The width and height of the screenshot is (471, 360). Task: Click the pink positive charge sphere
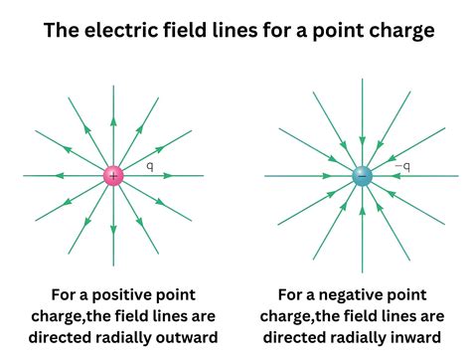(x=113, y=176)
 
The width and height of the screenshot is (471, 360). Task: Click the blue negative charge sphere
(x=362, y=177)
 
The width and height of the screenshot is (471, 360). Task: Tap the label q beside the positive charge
(x=150, y=166)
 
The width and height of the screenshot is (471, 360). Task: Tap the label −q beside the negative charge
(x=402, y=166)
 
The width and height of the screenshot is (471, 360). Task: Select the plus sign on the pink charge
(x=113, y=176)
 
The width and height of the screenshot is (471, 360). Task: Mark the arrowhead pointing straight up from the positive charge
(x=113, y=121)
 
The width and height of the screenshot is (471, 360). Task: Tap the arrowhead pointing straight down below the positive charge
(x=113, y=231)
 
